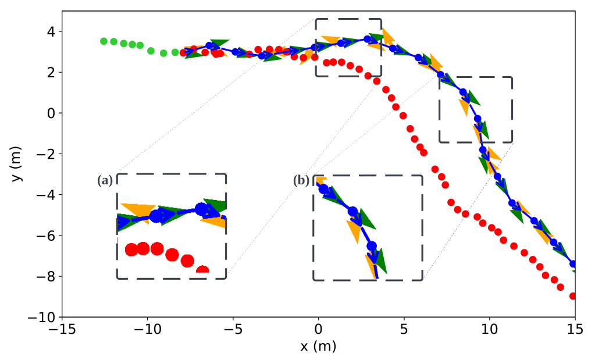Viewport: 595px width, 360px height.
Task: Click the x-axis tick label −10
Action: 146,330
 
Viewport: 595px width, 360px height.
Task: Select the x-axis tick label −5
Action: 232,330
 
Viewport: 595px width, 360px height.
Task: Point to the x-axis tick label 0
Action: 318,330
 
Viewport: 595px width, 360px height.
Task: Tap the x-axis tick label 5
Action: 404,330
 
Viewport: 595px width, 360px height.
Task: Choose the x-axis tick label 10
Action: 489,330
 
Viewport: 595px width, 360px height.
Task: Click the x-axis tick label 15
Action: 575,330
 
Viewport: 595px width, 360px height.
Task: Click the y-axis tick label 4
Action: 51,31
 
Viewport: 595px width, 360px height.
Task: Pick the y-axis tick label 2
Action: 51,72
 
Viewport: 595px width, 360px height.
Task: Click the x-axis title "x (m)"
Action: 318,347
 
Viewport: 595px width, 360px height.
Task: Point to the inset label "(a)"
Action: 105,181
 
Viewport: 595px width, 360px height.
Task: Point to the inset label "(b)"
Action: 301,181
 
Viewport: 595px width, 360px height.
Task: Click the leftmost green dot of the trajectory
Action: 104,41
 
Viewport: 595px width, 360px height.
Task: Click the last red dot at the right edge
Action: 573,296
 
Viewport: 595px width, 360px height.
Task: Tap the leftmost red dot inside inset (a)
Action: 131,250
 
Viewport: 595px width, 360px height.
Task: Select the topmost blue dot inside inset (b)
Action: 323,189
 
